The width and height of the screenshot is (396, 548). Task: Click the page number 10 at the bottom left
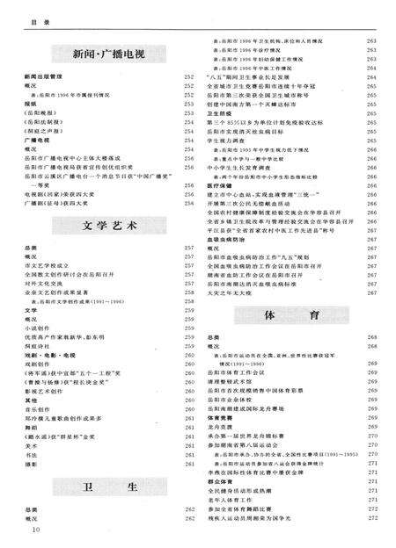36,530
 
